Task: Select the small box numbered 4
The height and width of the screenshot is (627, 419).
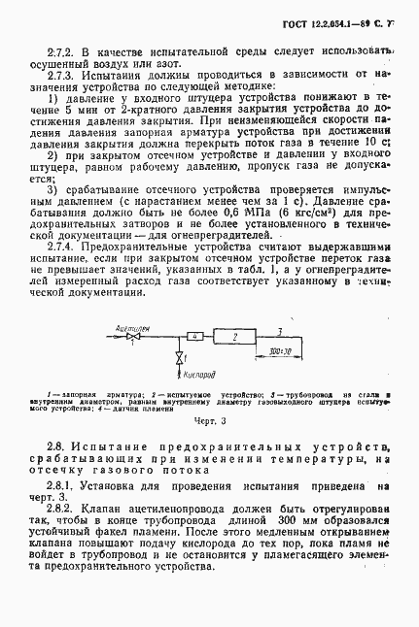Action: (194, 336)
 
